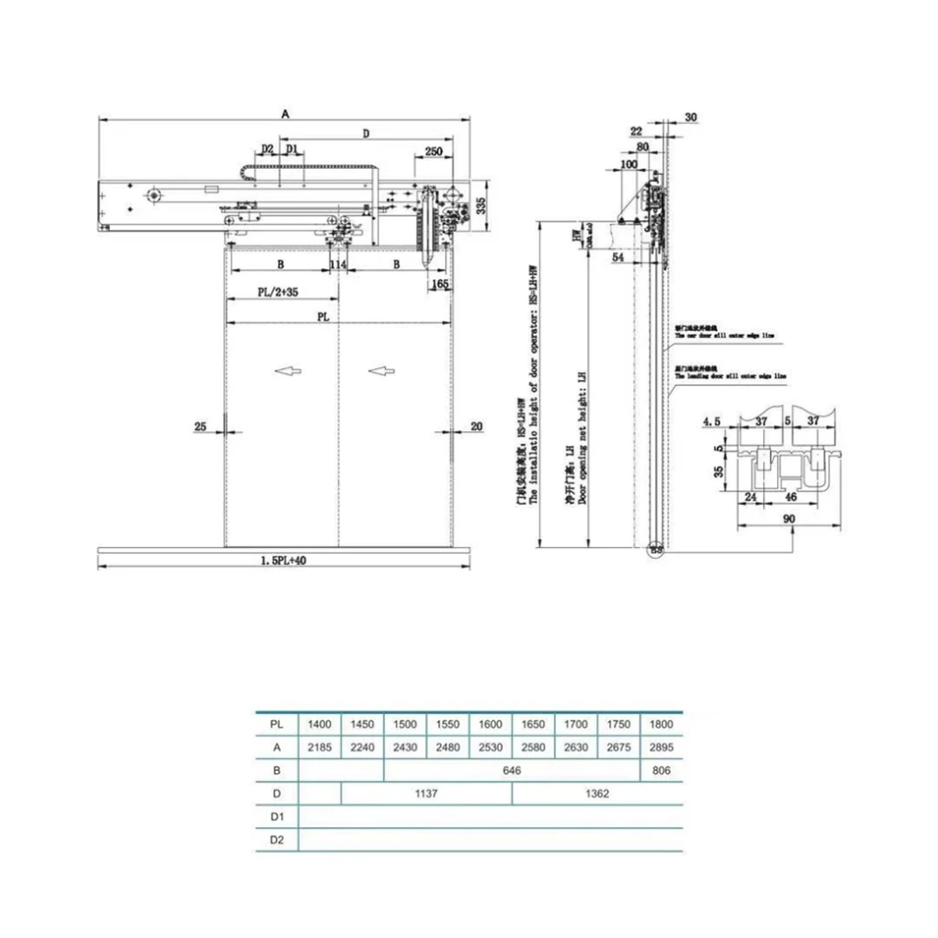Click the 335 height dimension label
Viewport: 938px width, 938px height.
coord(481,206)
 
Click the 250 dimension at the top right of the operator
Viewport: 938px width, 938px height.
coord(432,151)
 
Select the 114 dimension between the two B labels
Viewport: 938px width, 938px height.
coord(339,265)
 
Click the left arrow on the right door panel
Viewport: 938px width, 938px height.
coord(381,370)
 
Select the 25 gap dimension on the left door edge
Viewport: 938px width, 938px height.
coord(200,426)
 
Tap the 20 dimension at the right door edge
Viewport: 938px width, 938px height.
coord(477,426)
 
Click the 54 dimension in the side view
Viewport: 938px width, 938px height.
coord(618,256)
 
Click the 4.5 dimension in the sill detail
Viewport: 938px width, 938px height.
coord(711,421)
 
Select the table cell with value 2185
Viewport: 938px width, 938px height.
coord(319,747)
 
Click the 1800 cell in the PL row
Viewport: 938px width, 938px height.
coord(660,724)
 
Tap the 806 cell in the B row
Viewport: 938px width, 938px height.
coord(660,771)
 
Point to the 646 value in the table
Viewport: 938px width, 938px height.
coord(511,771)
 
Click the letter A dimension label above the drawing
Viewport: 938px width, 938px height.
coord(285,114)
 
